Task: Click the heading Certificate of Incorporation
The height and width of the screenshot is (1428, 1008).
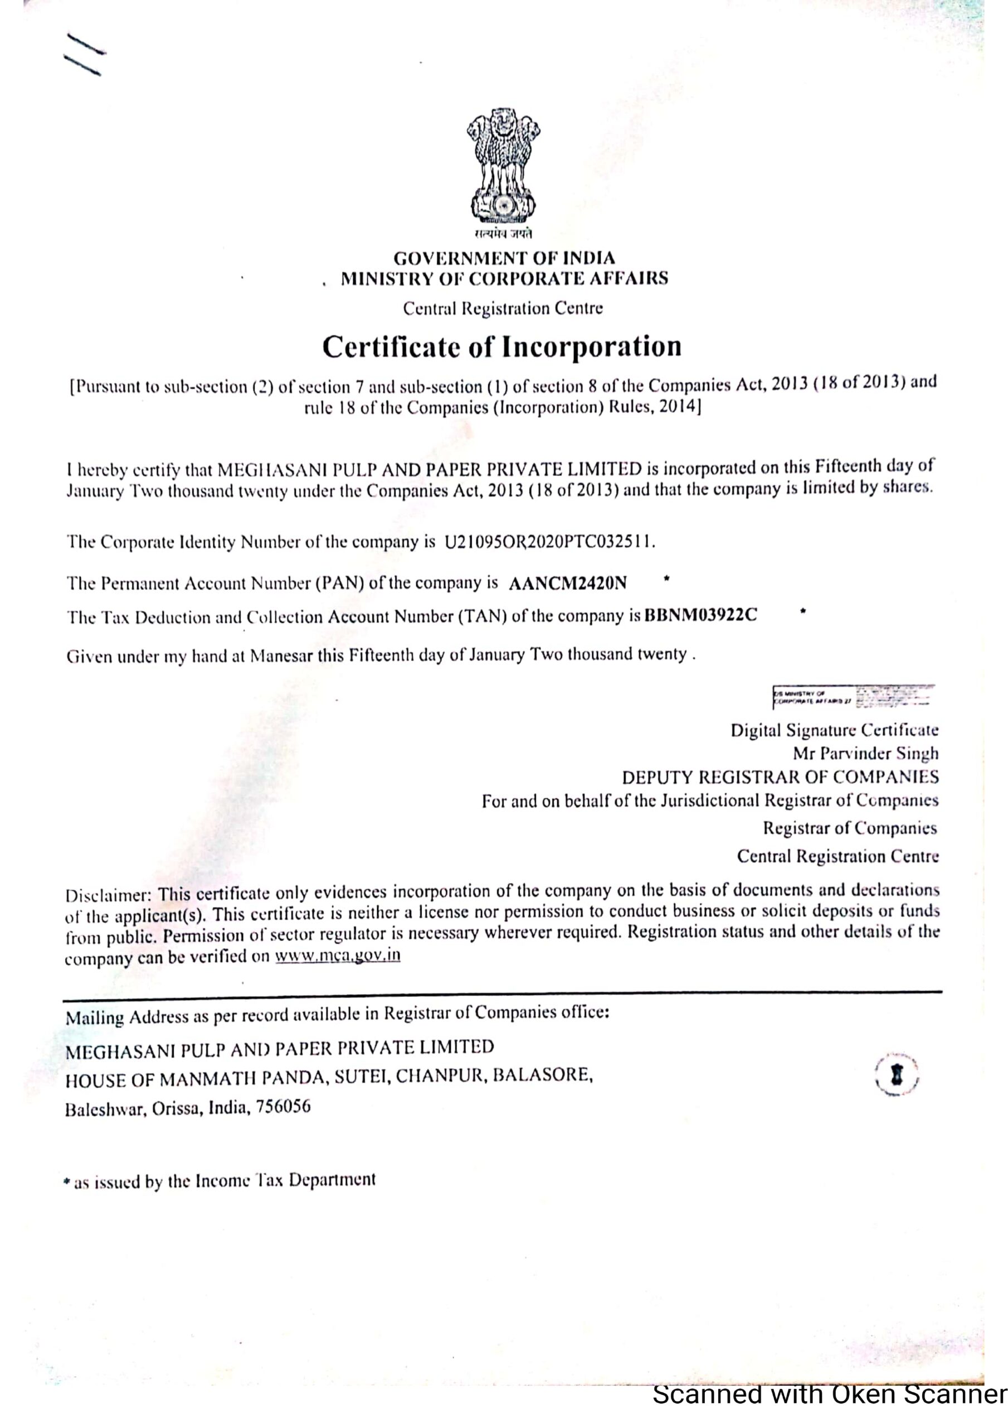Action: point(501,346)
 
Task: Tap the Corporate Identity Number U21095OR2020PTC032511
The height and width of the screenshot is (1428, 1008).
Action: point(547,542)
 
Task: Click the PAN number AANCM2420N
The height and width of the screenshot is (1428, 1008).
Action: point(567,583)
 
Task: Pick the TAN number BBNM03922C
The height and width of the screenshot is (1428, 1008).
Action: point(700,616)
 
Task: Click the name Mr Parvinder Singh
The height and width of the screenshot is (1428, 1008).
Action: point(865,754)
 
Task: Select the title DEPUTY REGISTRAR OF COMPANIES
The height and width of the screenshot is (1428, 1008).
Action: point(780,778)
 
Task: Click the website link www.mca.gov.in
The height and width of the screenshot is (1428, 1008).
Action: point(338,956)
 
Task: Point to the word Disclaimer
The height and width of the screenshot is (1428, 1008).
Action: point(109,896)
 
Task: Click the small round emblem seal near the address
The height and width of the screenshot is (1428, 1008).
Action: point(896,1075)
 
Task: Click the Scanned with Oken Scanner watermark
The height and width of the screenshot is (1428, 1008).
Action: point(829,1411)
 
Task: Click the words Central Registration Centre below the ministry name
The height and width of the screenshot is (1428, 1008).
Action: point(502,308)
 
